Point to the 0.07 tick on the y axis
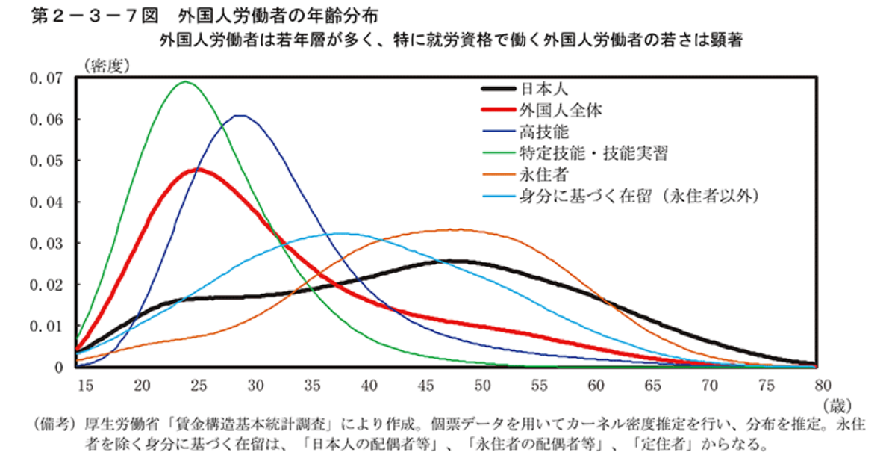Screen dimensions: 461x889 pyautogui.click(x=46, y=78)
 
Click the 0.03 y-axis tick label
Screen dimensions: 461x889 pyautogui.click(x=46, y=244)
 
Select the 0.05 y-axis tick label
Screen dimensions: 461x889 pyautogui.click(x=46, y=161)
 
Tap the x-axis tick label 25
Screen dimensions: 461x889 pyautogui.click(x=198, y=384)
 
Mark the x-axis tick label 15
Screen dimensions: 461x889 pyautogui.click(x=84, y=384)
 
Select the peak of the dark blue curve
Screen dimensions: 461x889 pyautogui.click(x=240, y=115)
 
